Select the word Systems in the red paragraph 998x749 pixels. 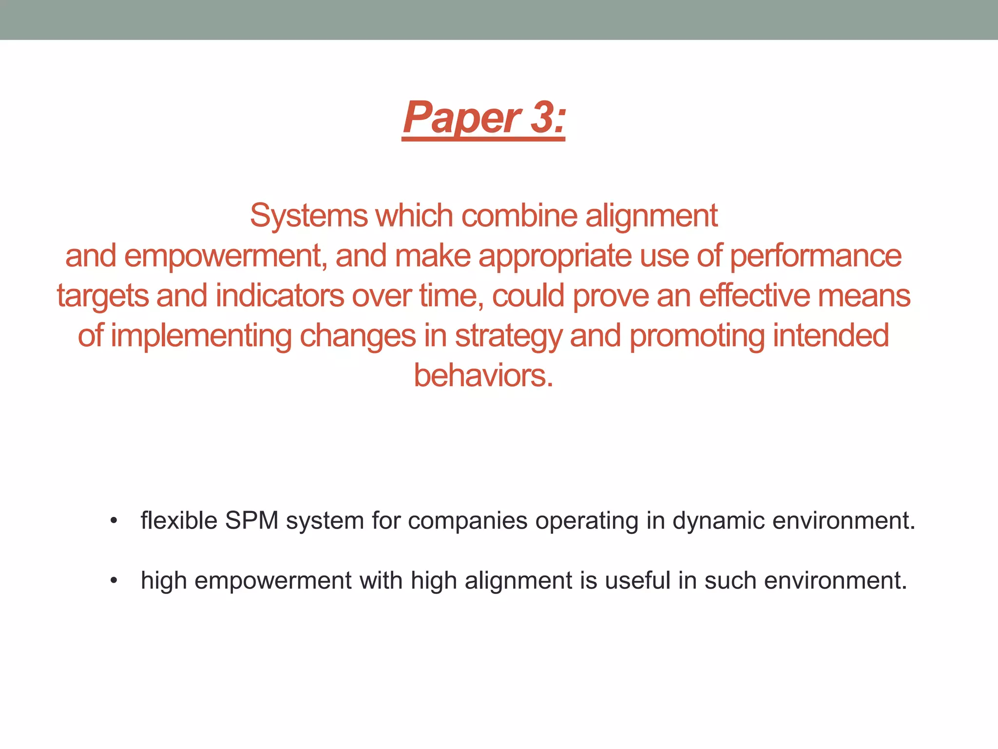pyautogui.click(x=308, y=216)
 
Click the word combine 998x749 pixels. pyautogui.click(x=519, y=216)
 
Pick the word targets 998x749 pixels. pyautogui.click(x=102, y=296)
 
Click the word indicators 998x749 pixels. pyautogui.click(x=280, y=296)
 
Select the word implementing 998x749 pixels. pyautogui.click(x=201, y=336)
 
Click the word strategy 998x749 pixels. pyautogui.click(x=508, y=336)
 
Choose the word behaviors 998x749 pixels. pyautogui.click(x=483, y=375)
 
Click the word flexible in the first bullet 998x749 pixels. pyautogui.click(x=179, y=520)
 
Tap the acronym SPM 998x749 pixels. pyautogui.click(x=251, y=520)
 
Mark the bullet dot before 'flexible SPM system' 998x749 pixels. pyautogui.click(x=114, y=521)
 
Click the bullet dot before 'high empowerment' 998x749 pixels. pyautogui.click(x=114, y=581)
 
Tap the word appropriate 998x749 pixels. pyautogui.click(x=555, y=256)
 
